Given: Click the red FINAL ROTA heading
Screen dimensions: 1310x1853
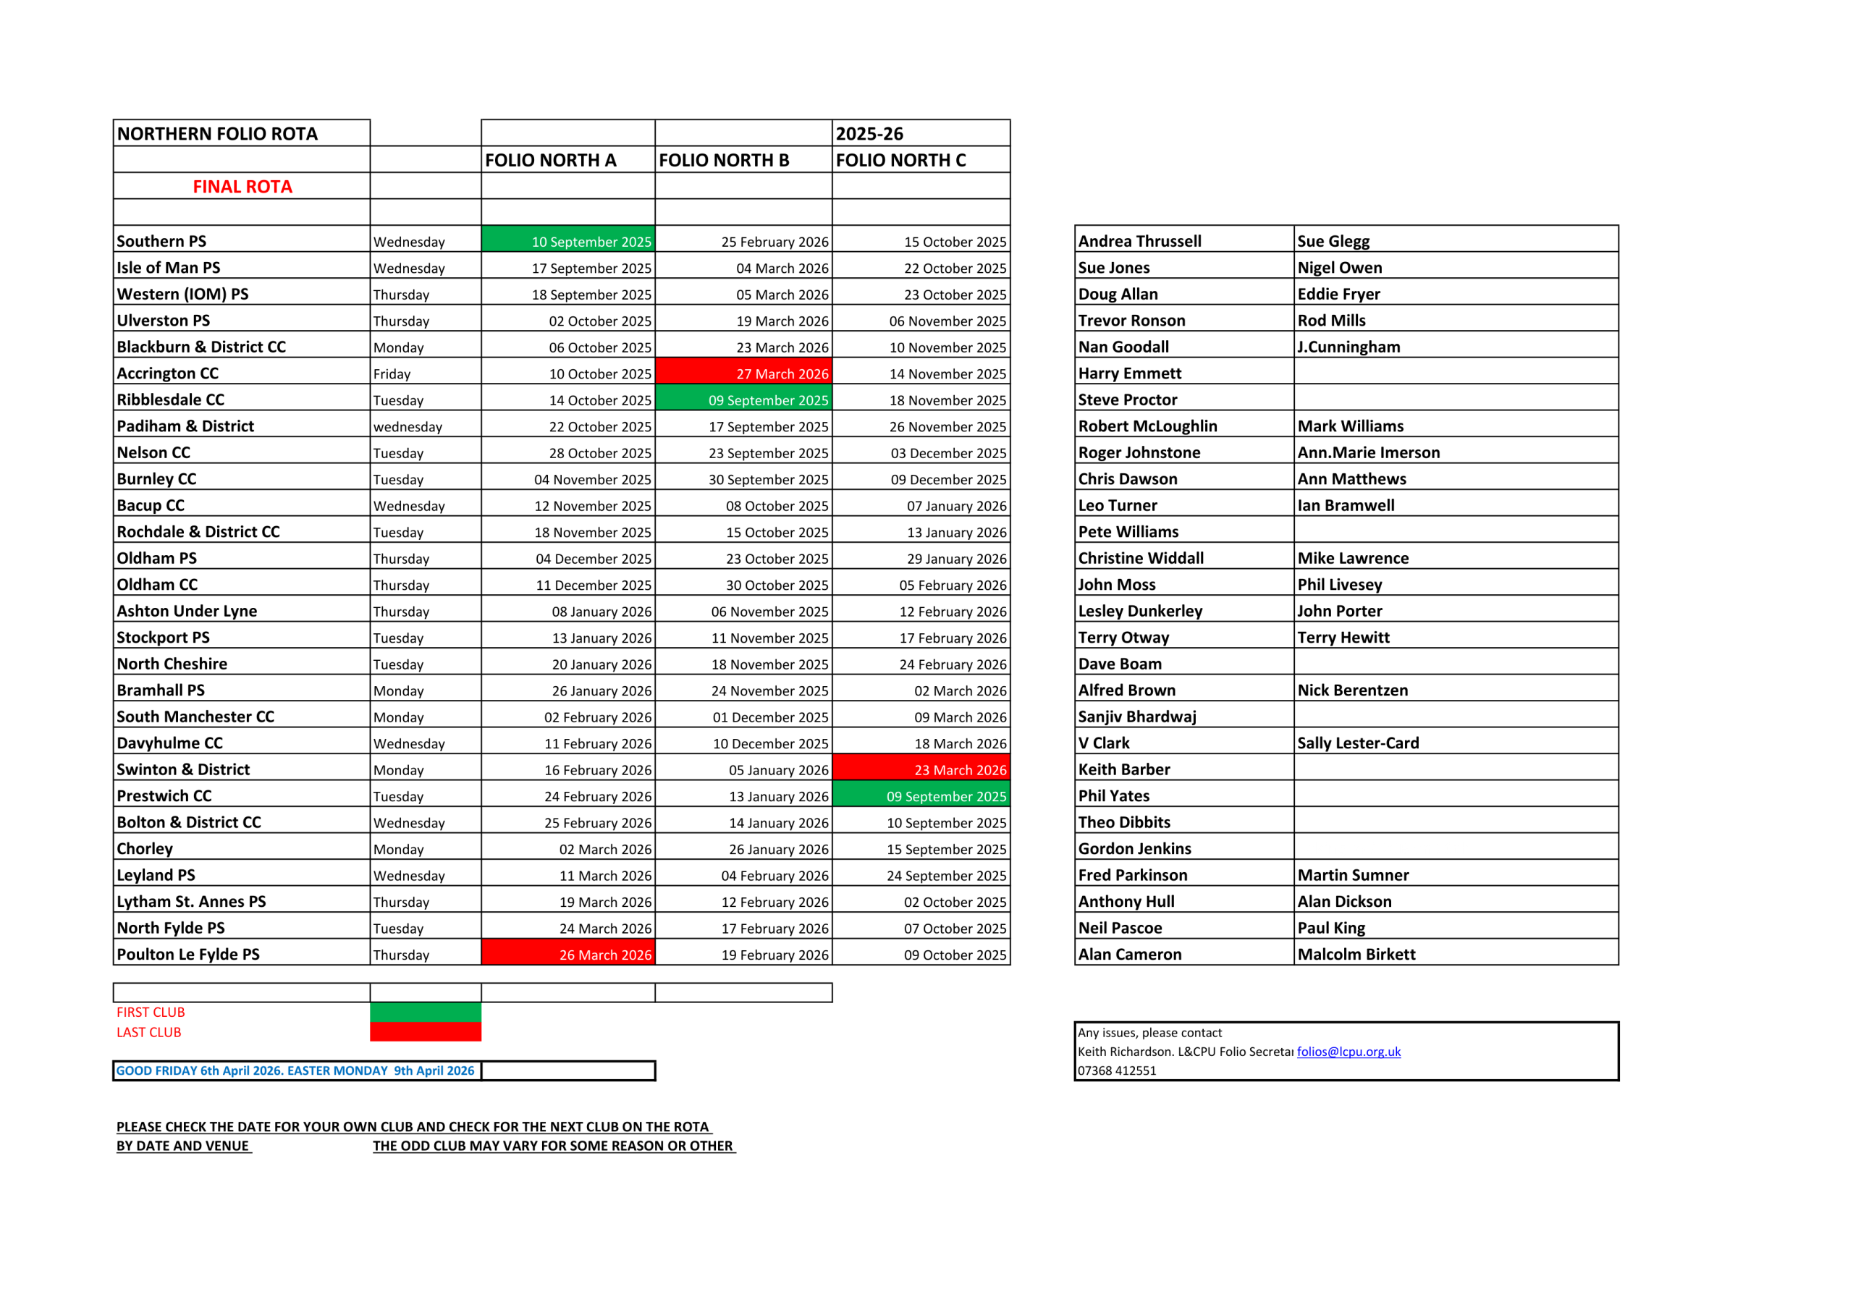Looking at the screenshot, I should coord(242,187).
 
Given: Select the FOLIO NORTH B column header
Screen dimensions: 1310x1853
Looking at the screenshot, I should coord(723,160).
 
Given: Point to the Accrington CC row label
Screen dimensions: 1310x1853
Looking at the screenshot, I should coord(168,373).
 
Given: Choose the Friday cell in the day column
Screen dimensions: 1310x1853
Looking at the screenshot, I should coord(392,373).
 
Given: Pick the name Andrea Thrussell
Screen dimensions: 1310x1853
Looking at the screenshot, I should coord(1139,240).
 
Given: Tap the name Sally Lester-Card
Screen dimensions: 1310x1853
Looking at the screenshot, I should coord(1357,743).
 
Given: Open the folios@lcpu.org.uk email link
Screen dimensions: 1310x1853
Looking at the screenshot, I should coord(1348,1051).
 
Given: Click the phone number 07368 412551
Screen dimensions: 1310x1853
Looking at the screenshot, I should coord(1117,1070).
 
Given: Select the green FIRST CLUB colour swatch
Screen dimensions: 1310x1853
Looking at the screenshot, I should coord(426,1011).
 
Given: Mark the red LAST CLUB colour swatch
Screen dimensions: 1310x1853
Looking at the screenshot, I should coord(426,1031).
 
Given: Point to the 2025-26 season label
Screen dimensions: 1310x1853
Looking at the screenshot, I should coord(869,133).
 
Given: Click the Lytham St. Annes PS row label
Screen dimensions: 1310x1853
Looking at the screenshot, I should coord(191,901).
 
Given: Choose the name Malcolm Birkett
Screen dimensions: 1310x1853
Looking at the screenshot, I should coord(1356,954).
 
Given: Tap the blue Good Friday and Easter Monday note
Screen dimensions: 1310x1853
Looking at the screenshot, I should coord(295,1070).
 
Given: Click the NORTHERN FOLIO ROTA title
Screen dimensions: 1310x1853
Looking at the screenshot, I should coord(217,133).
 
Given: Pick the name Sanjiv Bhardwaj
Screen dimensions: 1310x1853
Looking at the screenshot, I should coord(1137,716).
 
